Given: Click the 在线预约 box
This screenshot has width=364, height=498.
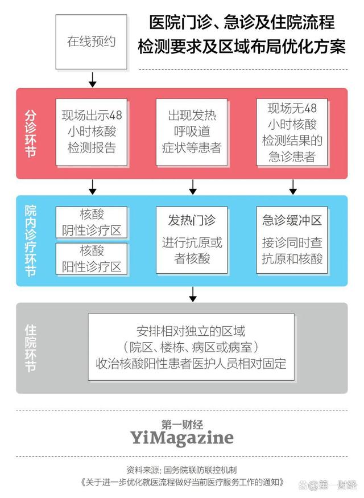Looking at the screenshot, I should tap(92, 42).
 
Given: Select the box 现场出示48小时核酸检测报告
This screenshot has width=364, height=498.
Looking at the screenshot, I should tap(92, 131).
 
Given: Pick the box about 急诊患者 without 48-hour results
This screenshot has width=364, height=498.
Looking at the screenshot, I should tap(292, 131).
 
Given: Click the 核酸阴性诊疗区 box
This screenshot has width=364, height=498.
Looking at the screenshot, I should tap(92, 223).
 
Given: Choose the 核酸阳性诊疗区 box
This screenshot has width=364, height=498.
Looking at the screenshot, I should tap(92, 258).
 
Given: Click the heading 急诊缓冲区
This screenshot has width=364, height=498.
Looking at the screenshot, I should tap(292, 220).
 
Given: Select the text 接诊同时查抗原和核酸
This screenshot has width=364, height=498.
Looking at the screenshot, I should tap(292, 250).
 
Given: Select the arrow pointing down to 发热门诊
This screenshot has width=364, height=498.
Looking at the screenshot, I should tap(192, 187).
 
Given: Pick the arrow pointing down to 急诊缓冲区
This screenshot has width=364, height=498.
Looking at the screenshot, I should tap(293, 187).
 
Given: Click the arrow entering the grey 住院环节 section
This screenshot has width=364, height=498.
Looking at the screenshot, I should tap(193, 294).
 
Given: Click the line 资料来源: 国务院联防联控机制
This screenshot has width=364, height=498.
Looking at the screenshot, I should tap(181, 470).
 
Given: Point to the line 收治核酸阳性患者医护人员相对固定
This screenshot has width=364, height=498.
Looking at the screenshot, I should tap(191, 363).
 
